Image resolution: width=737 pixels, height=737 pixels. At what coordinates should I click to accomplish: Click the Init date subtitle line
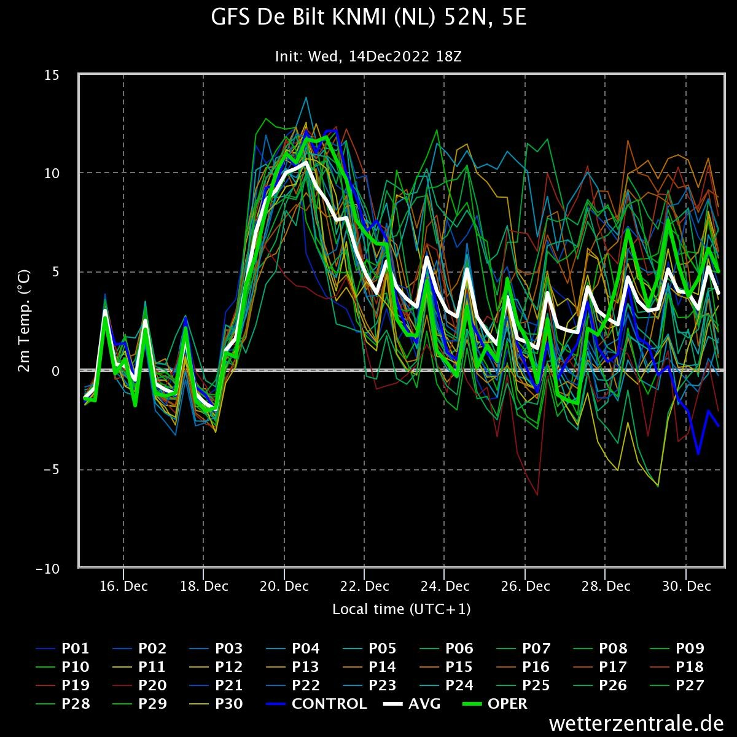(x=368, y=57)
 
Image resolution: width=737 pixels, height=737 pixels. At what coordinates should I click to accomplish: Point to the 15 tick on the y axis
(x=52, y=75)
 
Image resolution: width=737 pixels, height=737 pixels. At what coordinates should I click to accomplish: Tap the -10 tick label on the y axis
(x=48, y=569)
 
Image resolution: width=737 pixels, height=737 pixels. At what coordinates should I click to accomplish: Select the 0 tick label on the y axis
(x=56, y=371)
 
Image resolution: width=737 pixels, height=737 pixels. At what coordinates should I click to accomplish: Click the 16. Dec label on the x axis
(x=123, y=587)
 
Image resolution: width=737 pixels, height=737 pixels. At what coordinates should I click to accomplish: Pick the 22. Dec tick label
(x=364, y=587)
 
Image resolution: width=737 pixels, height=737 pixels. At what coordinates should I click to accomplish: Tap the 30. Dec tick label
(x=687, y=587)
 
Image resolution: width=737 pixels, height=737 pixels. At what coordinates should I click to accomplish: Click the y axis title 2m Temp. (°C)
(x=24, y=321)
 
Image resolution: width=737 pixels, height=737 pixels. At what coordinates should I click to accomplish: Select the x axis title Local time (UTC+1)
(x=401, y=609)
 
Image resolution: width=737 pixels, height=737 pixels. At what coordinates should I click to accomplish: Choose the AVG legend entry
(x=411, y=704)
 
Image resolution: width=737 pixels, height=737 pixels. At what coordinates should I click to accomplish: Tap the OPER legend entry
(x=495, y=704)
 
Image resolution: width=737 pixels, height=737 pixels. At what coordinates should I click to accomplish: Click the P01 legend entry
(x=63, y=649)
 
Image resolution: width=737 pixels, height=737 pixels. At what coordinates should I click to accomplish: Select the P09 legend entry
(x=677, y=649)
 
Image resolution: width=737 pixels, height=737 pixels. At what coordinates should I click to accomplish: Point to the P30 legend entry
(x=216, y=704)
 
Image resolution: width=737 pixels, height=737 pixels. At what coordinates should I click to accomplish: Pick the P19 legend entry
(x=63, y=685)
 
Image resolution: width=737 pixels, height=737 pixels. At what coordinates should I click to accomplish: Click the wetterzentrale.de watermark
(x=636, y=723)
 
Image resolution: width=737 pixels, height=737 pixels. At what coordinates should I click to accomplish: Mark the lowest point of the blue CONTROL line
(x=698, y=454)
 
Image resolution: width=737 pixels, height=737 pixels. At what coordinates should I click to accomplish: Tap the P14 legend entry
(x=370, y=667)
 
